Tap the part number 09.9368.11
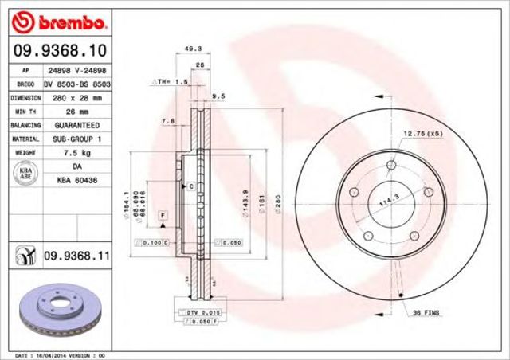75,255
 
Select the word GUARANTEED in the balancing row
76,125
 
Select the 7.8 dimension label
168,120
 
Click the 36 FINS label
425,315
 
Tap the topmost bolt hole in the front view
391,166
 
